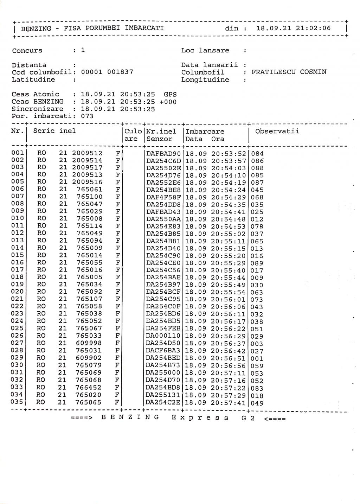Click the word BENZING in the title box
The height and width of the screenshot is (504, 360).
point(36,28)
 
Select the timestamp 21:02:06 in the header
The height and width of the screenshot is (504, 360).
point(313,28)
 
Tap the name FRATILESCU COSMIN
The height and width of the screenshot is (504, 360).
point(289,72)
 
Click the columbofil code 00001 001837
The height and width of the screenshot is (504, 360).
point(107,72)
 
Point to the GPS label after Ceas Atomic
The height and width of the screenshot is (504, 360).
point(170,94)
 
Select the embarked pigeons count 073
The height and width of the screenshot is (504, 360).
point(87,116)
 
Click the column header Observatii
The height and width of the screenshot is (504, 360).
point(277,131)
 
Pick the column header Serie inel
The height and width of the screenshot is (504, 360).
point(54,131)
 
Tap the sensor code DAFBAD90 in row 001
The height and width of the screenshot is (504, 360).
point(163,154)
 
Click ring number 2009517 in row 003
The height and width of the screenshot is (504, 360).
point(87,168)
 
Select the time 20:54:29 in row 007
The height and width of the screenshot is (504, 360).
point(229,197)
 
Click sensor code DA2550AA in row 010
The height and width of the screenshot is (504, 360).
point(163,219)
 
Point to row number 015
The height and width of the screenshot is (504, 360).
point(18,255)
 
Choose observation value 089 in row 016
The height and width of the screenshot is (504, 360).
point(257,263)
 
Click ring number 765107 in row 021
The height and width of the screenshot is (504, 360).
point(89,299)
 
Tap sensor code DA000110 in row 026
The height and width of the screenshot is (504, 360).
point(163,336)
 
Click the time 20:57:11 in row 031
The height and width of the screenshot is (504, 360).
point(229,373)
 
